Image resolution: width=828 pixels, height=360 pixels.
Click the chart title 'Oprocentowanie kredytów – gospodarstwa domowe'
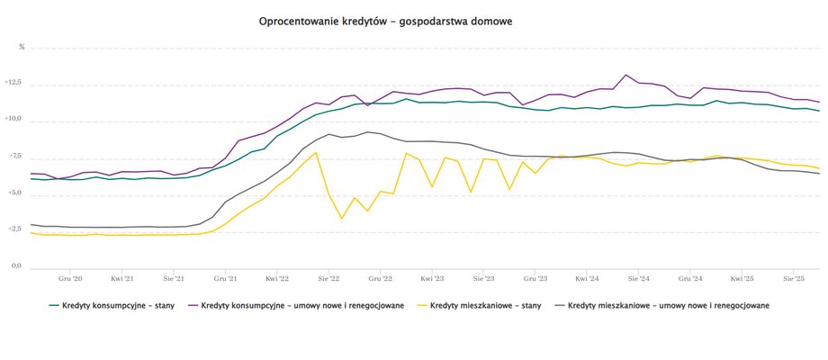pos(385,20)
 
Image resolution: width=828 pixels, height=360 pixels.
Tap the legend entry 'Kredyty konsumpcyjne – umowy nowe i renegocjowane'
pos(302,305)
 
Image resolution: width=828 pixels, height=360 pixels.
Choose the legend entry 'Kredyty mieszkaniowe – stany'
pos(485,305)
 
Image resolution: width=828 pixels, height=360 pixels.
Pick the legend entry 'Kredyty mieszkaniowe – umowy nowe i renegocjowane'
pos(669,305)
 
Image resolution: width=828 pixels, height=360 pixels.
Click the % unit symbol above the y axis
pos(22,47)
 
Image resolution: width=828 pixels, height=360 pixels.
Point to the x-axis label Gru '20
pos(70,279)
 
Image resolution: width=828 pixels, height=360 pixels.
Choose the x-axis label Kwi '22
pos(277,279)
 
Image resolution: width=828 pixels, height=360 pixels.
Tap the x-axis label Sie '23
pos(484,279)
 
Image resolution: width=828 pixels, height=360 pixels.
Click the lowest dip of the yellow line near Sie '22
pos(342,219)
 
